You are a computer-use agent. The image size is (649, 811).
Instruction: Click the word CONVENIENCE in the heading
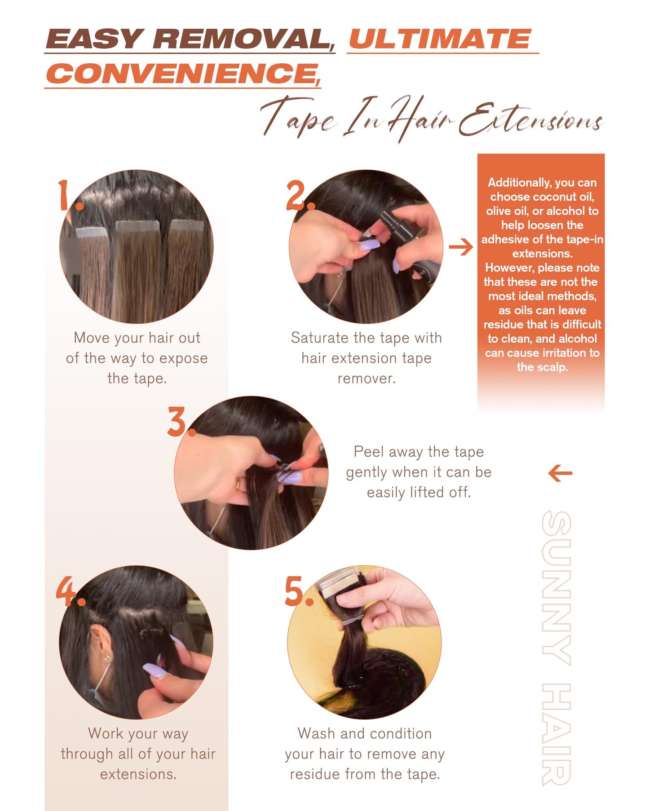(x=181, y=74)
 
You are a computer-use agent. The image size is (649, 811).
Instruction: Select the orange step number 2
(x=299, y=196)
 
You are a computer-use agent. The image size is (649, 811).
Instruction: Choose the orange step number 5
(x=297, y=591)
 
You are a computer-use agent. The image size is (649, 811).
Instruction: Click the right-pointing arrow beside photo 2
(x=461, y=247)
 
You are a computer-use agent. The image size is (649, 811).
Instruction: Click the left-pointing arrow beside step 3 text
(x=560, y=473)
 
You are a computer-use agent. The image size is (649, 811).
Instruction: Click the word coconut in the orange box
(x=543, y=197)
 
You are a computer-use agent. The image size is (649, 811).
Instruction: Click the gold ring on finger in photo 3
(x=238, y=485)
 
